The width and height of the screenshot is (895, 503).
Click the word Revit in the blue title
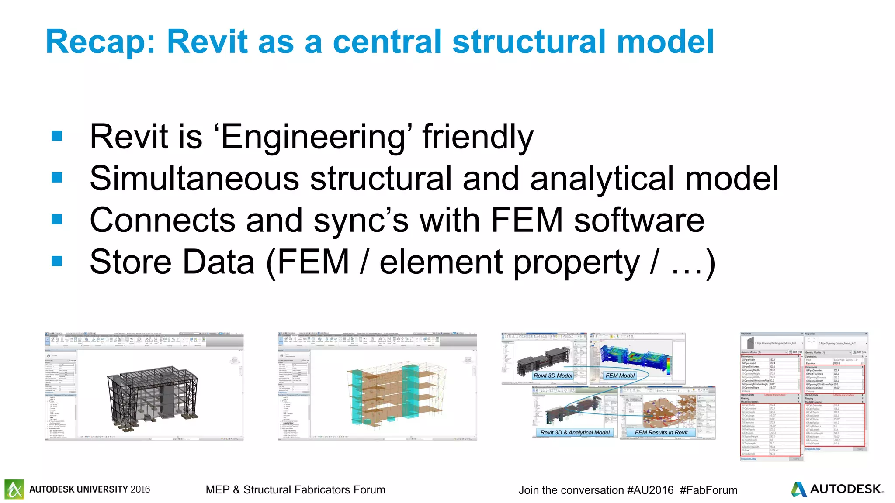coord(208,42)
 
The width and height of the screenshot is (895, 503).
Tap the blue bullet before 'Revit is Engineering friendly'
coord(57,136)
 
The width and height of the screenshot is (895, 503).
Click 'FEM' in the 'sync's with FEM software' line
coord(526,220)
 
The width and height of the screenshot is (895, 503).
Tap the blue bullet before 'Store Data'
coord(57,261)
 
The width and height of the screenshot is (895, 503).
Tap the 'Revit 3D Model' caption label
coord(552,376)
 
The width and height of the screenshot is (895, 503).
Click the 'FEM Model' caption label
coord(620,376)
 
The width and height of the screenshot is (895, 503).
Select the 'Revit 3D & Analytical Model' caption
coord(575,432)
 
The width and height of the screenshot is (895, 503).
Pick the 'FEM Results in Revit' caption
coord(661,432)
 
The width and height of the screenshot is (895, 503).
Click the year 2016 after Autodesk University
coord(140,489)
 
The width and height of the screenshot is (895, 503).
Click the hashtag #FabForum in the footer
coord(708,490)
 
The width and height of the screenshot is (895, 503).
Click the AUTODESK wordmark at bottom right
coord(846,489)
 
